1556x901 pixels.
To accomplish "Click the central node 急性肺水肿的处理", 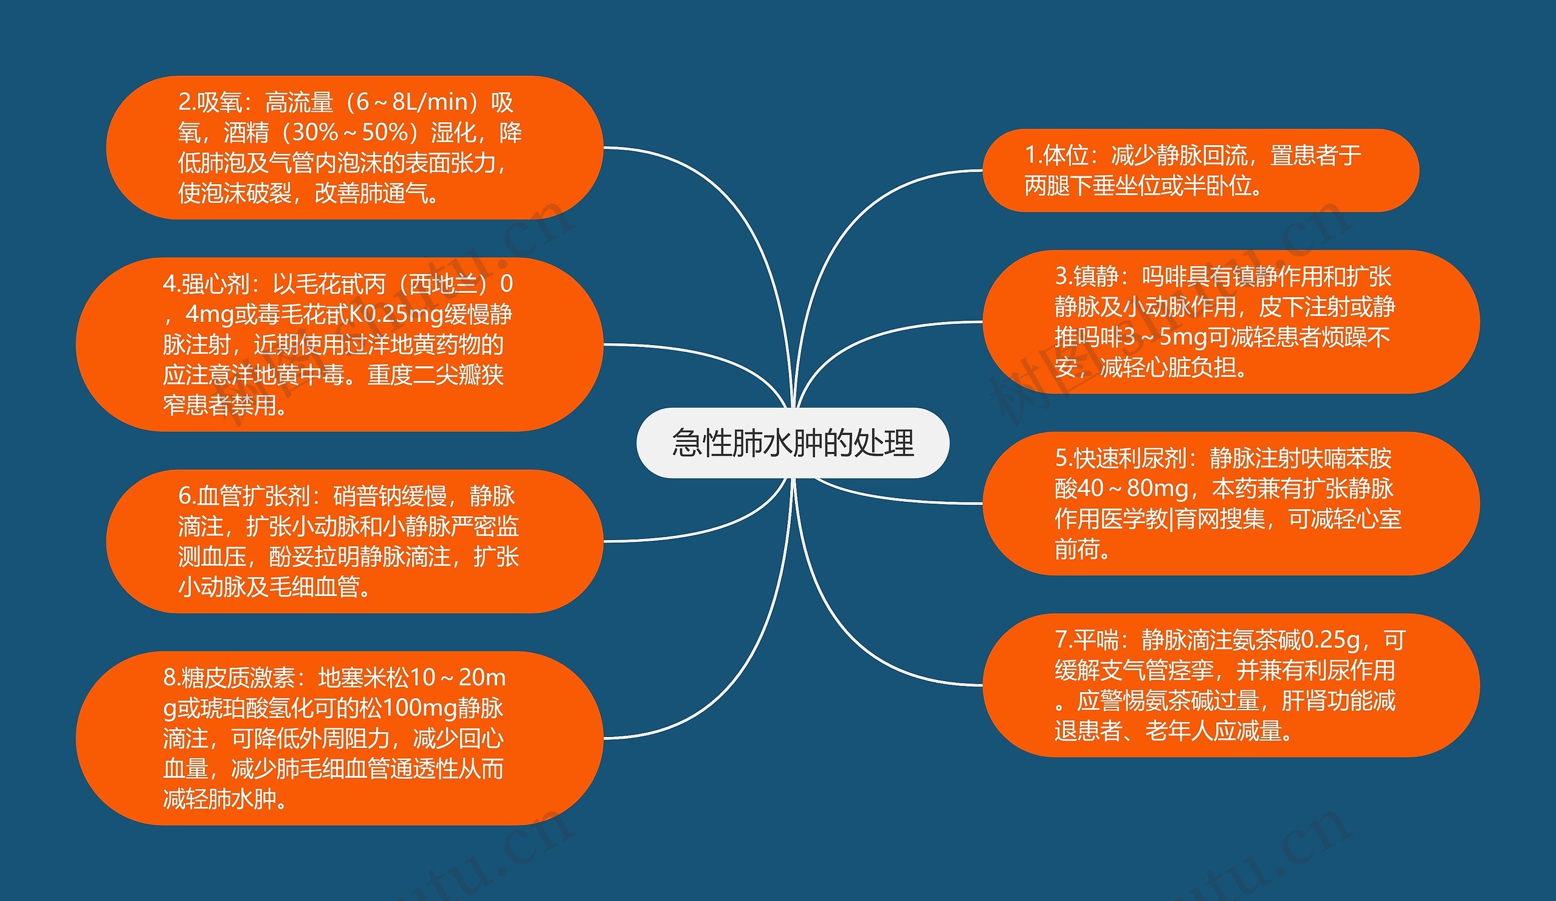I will (x=792, y=443).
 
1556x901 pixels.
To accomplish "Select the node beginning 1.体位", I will (x=1200, y=170).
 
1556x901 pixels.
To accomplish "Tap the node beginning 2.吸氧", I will (x=354, y=148).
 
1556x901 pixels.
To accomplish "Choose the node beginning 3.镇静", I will (x=1230, y=321).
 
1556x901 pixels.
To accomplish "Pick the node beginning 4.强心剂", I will (x=339, y=344).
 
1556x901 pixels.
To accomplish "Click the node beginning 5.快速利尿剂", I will (x=1230, y=504).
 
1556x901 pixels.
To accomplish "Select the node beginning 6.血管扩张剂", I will (x=354, y=541).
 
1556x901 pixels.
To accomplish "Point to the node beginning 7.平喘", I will (x=1230, y=685).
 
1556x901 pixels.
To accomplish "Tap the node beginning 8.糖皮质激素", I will (x=339, y=738).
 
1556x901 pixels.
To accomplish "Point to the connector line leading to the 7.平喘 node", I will (x=864, y=654).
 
